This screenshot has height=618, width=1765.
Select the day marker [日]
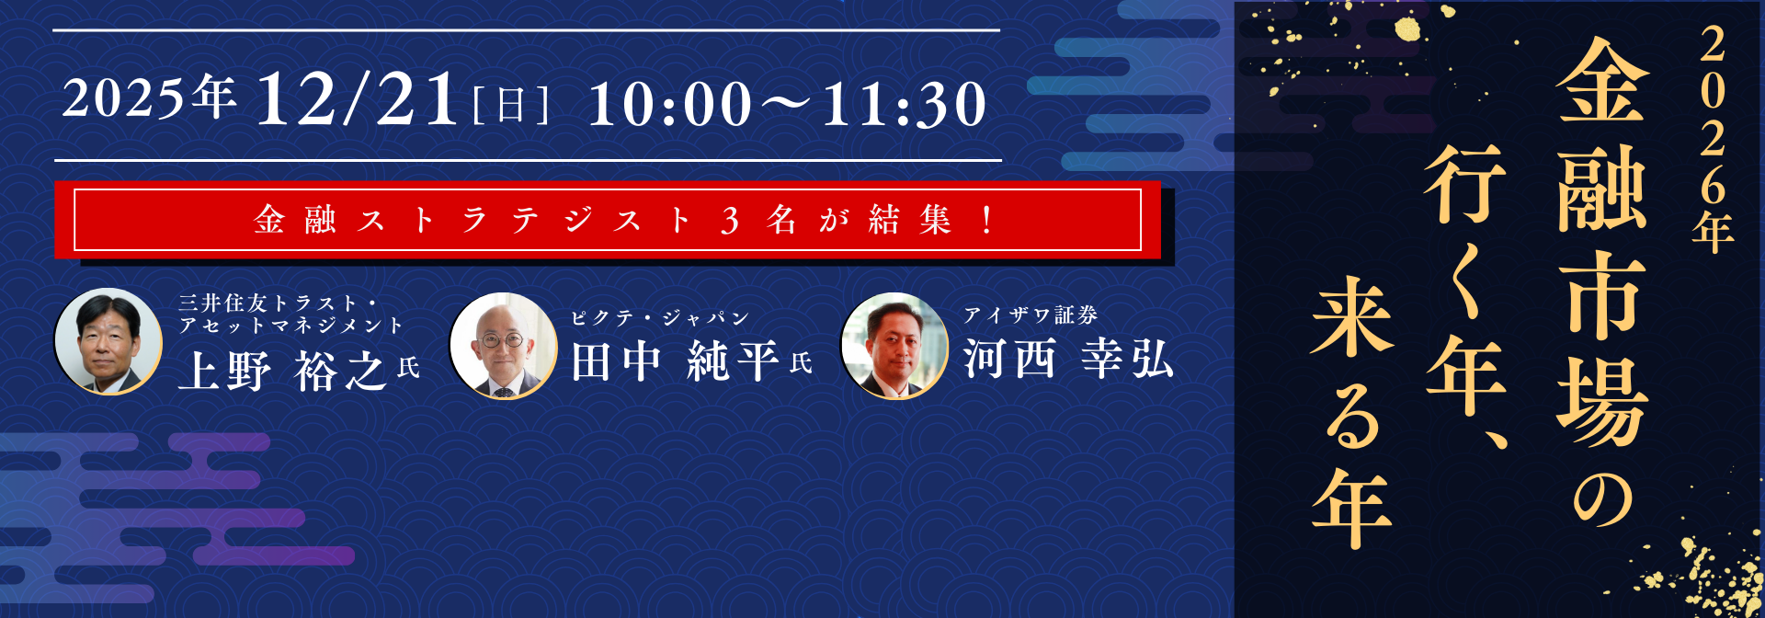click(x=510, y=105)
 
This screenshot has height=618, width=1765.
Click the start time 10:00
click(x=670, y=104)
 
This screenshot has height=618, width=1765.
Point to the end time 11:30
click(x=904, y=104)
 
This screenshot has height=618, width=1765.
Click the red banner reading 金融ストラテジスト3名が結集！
click(x=607, y=220)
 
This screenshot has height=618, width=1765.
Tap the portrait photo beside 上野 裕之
click(x=108, y=341)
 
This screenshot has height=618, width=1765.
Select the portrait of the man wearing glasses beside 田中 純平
click(x=503, y=346)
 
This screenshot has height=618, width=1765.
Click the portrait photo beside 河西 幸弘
click(x=894, y=346)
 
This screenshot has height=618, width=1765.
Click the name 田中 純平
click(x=674, y=361)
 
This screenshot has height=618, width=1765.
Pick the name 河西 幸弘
click(x=1068, y=359)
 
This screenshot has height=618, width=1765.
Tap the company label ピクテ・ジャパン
click(x=660, y=318)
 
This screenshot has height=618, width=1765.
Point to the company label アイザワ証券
click(x=1031, y=315)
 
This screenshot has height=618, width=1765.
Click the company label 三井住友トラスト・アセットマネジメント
click(x=290, y=314)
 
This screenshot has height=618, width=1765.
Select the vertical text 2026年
click(x=1713, y=138)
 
